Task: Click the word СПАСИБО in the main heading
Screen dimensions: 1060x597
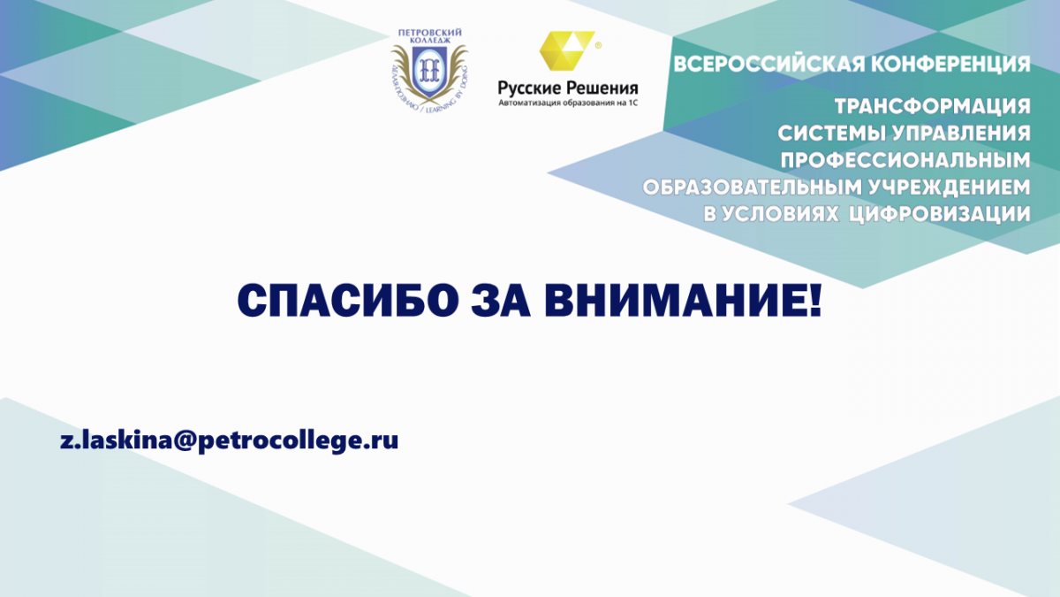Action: coord(348,302)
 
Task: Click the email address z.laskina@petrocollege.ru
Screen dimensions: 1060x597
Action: coord(229,440)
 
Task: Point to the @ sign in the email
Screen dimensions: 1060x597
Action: coord(178,441)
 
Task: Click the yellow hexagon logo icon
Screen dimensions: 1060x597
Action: coord(567,50)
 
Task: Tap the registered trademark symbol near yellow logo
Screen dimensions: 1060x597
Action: coord(598,45)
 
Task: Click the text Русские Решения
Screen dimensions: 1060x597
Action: coord(568,88)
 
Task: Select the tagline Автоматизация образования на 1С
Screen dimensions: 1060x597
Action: coord(568,103)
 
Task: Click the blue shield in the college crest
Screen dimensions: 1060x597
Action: coord(429,71)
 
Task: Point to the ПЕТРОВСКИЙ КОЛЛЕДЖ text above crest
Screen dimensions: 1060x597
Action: coord(429,36)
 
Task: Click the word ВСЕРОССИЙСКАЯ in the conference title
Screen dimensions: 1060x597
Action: coord(769,65)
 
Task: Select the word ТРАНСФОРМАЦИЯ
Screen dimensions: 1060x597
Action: coord(933,107)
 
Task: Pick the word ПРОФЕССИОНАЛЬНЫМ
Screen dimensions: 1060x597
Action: coord(905,160)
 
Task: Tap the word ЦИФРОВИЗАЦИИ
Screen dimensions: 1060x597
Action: coord(940,214)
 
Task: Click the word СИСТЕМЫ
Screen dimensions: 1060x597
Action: coord(832,134)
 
